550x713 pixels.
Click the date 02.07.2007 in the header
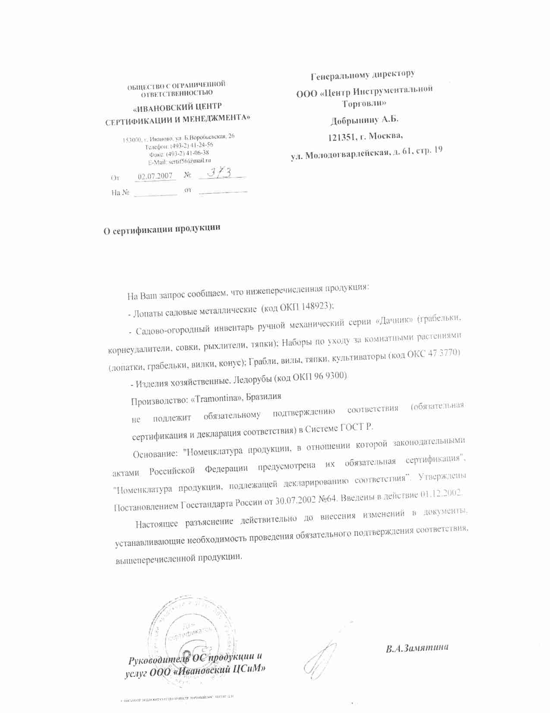(x=155, y=176)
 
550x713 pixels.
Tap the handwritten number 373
(x=221, y=173)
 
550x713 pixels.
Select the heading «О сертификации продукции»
(x=161, y=229)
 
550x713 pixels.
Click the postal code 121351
(x=343, y=137)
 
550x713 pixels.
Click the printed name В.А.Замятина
(x=417, y=648)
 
